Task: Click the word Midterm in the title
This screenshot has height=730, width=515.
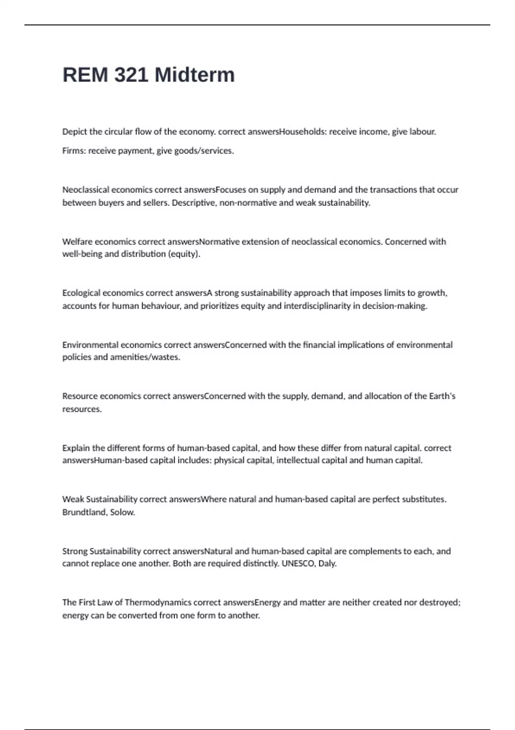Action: point(194,75)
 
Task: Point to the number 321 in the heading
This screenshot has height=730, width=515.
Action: point(131,75)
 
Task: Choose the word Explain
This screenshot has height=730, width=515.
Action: point(76,448)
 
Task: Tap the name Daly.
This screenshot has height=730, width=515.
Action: point(327,563)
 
